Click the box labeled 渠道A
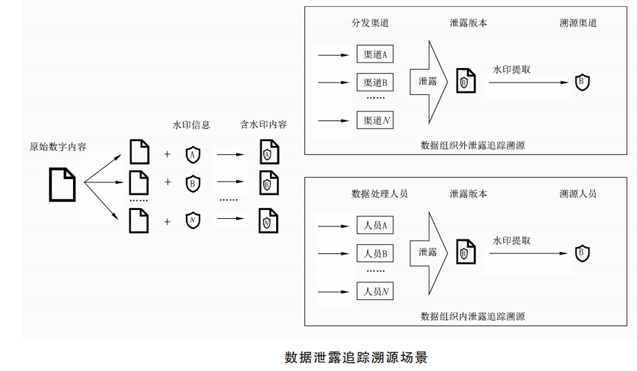pos(375,54)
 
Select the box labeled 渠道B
pos(375,83)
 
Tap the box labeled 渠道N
pos(375,120)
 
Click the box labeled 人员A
pos(375,225)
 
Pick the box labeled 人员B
pos(375,253)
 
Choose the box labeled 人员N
pos(375,291)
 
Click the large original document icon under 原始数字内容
pos(63,184)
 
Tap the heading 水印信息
pos(191,125)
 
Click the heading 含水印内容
pos(264,125)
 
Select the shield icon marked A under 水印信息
pos(193,155)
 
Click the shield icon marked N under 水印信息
pos(193,221)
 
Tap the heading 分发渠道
pos(370,23)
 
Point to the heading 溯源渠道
pos(578,23)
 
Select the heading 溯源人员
pos(578,193)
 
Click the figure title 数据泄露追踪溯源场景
pos(356,357)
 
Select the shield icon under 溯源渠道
pos(583,83)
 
